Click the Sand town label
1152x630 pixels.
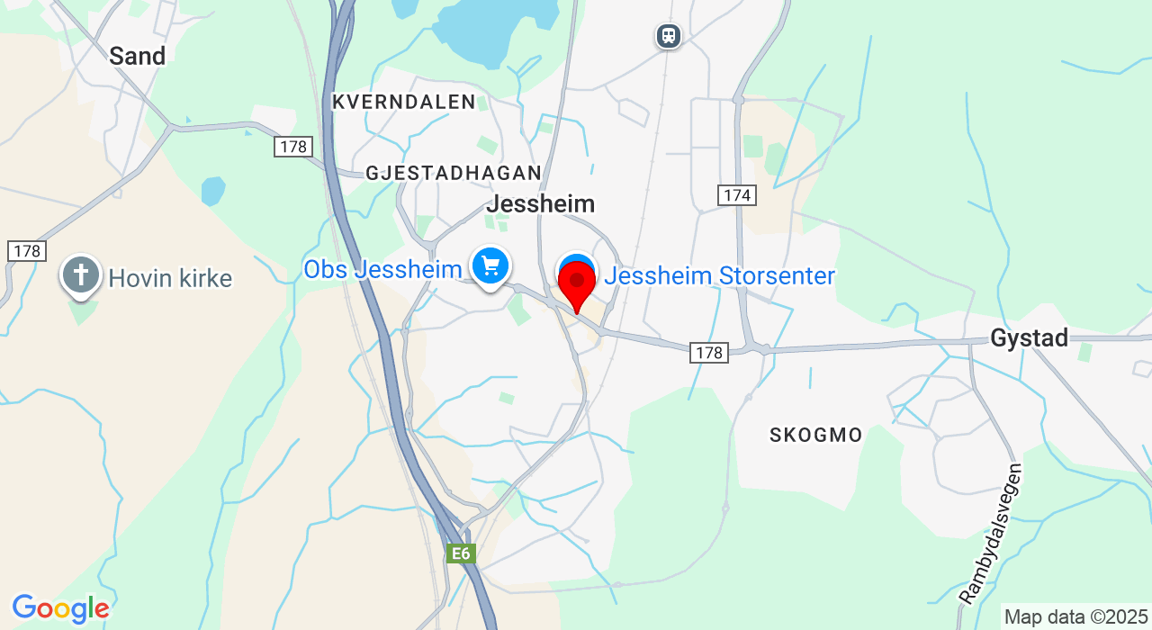pyautogui.click(x=137, y=57)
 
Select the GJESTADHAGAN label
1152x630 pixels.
pyautogui.click(x=454, y=173)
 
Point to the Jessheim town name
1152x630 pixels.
pyautogui.click(x=540, y=204)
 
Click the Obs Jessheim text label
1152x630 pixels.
pyautogui.click(x=382, y=269)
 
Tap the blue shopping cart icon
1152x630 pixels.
pyautogui.click(x=490, y=266)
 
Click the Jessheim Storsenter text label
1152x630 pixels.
pyautogui.click(x=720, y=276)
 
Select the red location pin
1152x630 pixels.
pyautogui.click(x=576, y=285)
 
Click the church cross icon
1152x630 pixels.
pyautogui.click(x=80, y=274)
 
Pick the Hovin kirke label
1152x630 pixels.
pyautogui.click(x=170, y=279)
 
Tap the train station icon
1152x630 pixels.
pyautogui.click(x=668, y=36)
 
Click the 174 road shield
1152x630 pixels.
pyautogui.click(x=737, y=195)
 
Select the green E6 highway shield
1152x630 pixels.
pyautogui.click(x=461, y=553)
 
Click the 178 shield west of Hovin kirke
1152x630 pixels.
pyautogui.click(x=27, y=251)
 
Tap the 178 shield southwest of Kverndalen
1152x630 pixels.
pyautogui.click(x=293, y=147)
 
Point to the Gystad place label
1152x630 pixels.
pyautogui.click(x=1029, y=338)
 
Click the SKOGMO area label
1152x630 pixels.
pyautogui.click(x=815, y=436)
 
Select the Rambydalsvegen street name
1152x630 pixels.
pyautogui.click(x=991, y=533)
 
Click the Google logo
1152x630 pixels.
pyautogui.click(x=60, y=609)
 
